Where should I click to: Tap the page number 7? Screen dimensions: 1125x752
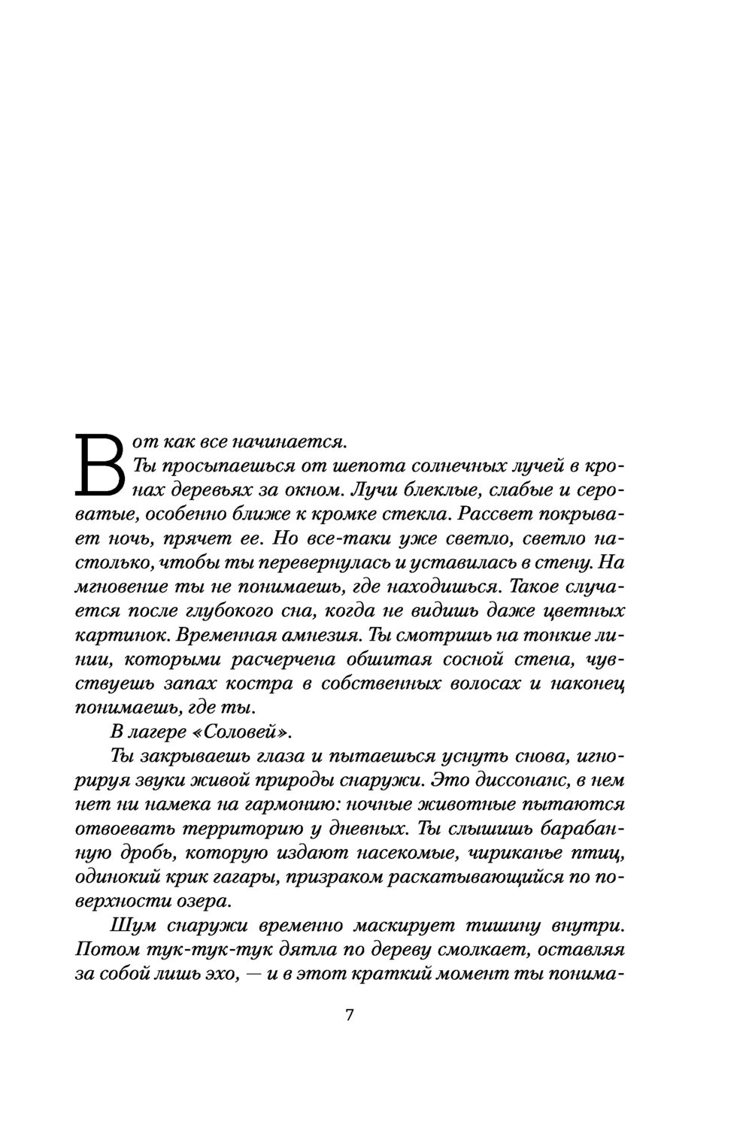coord(349,1014)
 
